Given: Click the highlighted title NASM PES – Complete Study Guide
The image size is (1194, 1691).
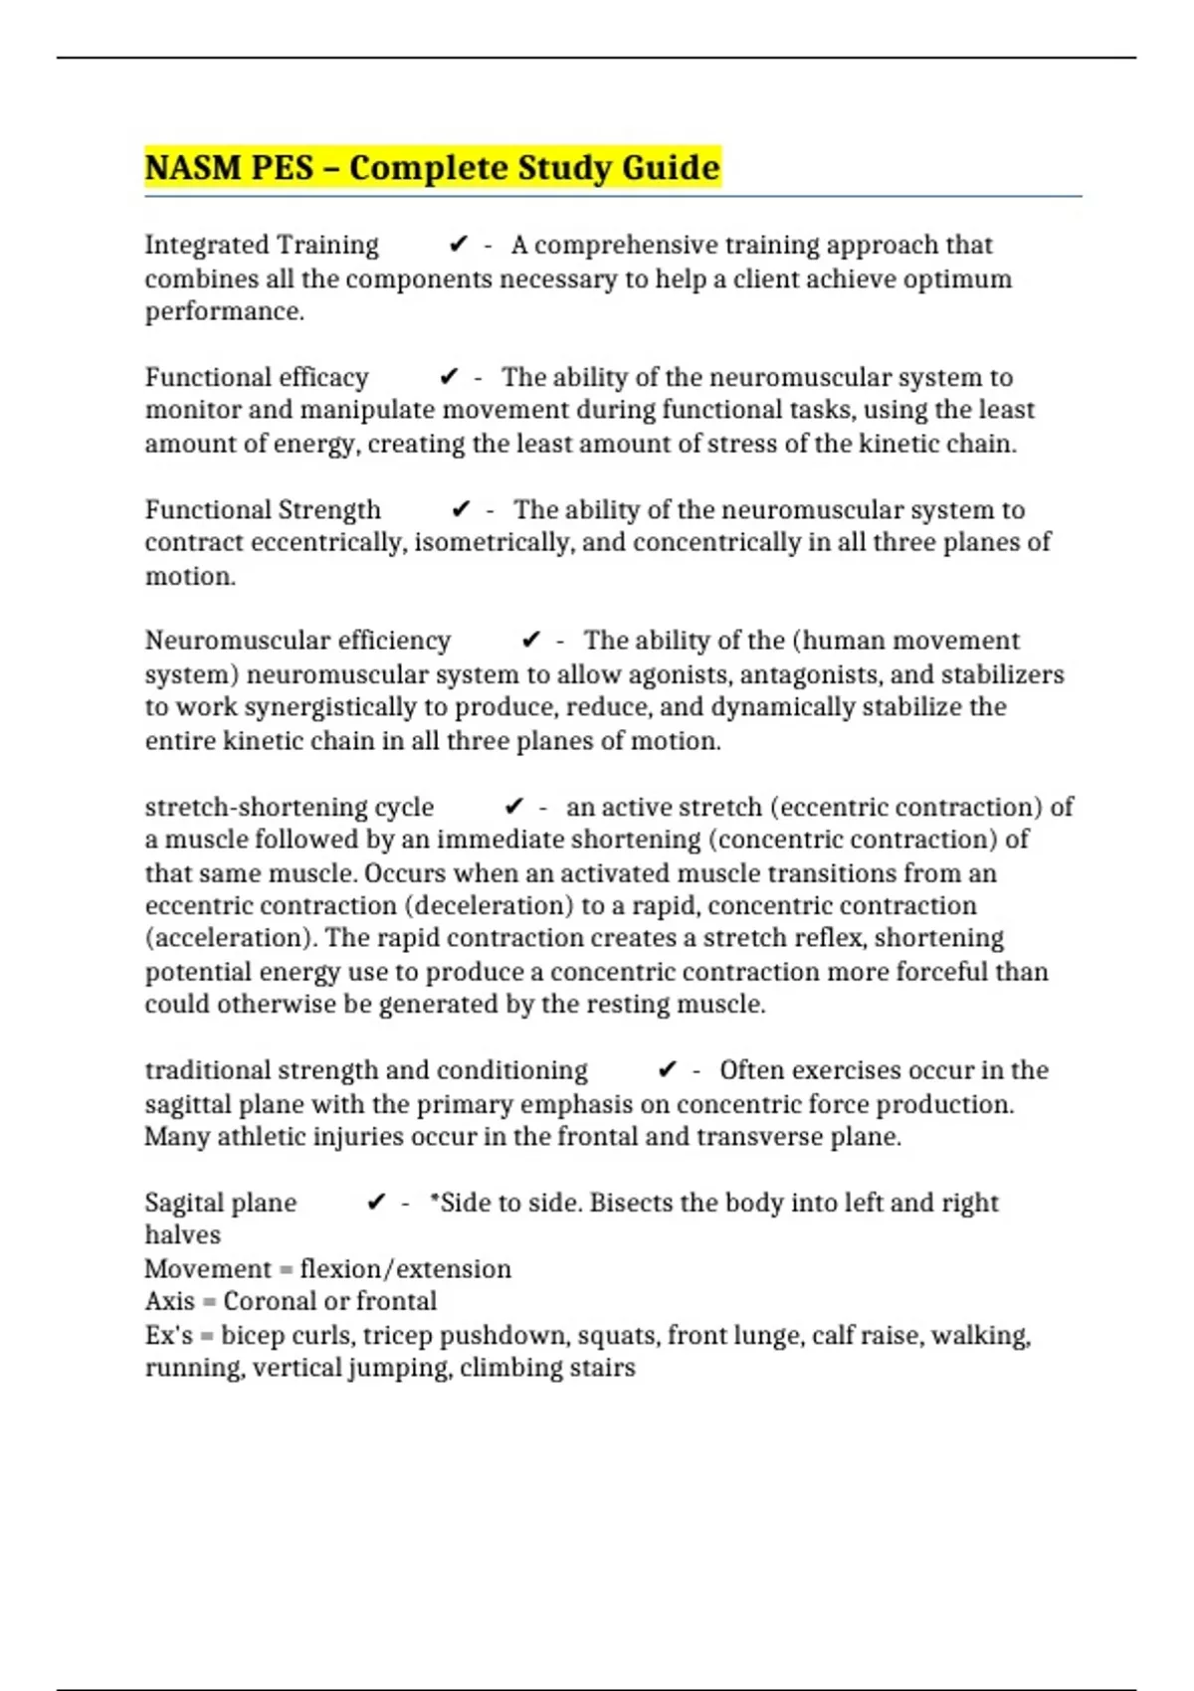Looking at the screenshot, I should click(432, 167).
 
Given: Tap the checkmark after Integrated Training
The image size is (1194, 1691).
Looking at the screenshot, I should click(459, 245).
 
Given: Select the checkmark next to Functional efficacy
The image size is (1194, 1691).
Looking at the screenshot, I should click(449, 377).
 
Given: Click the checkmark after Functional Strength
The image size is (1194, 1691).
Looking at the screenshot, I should click(461, 509).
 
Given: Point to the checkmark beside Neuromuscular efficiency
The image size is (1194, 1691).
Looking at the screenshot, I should click(531, 641).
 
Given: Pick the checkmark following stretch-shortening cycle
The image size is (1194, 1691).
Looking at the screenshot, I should click(514, 807).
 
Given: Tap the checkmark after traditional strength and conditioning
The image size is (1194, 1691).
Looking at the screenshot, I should click(668, 1070).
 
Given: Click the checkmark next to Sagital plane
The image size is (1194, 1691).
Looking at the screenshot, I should click(376, 1203).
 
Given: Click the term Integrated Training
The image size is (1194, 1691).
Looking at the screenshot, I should click(262, 245).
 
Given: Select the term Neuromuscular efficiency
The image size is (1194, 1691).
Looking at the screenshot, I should click(298, 641).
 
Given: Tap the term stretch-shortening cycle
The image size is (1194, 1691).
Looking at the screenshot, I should click(289, 807).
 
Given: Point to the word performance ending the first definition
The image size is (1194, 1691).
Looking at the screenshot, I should click(223, 311).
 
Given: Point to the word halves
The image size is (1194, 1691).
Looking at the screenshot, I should click(183, 1235).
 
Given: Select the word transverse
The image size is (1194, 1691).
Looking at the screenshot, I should click(747, 1137).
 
